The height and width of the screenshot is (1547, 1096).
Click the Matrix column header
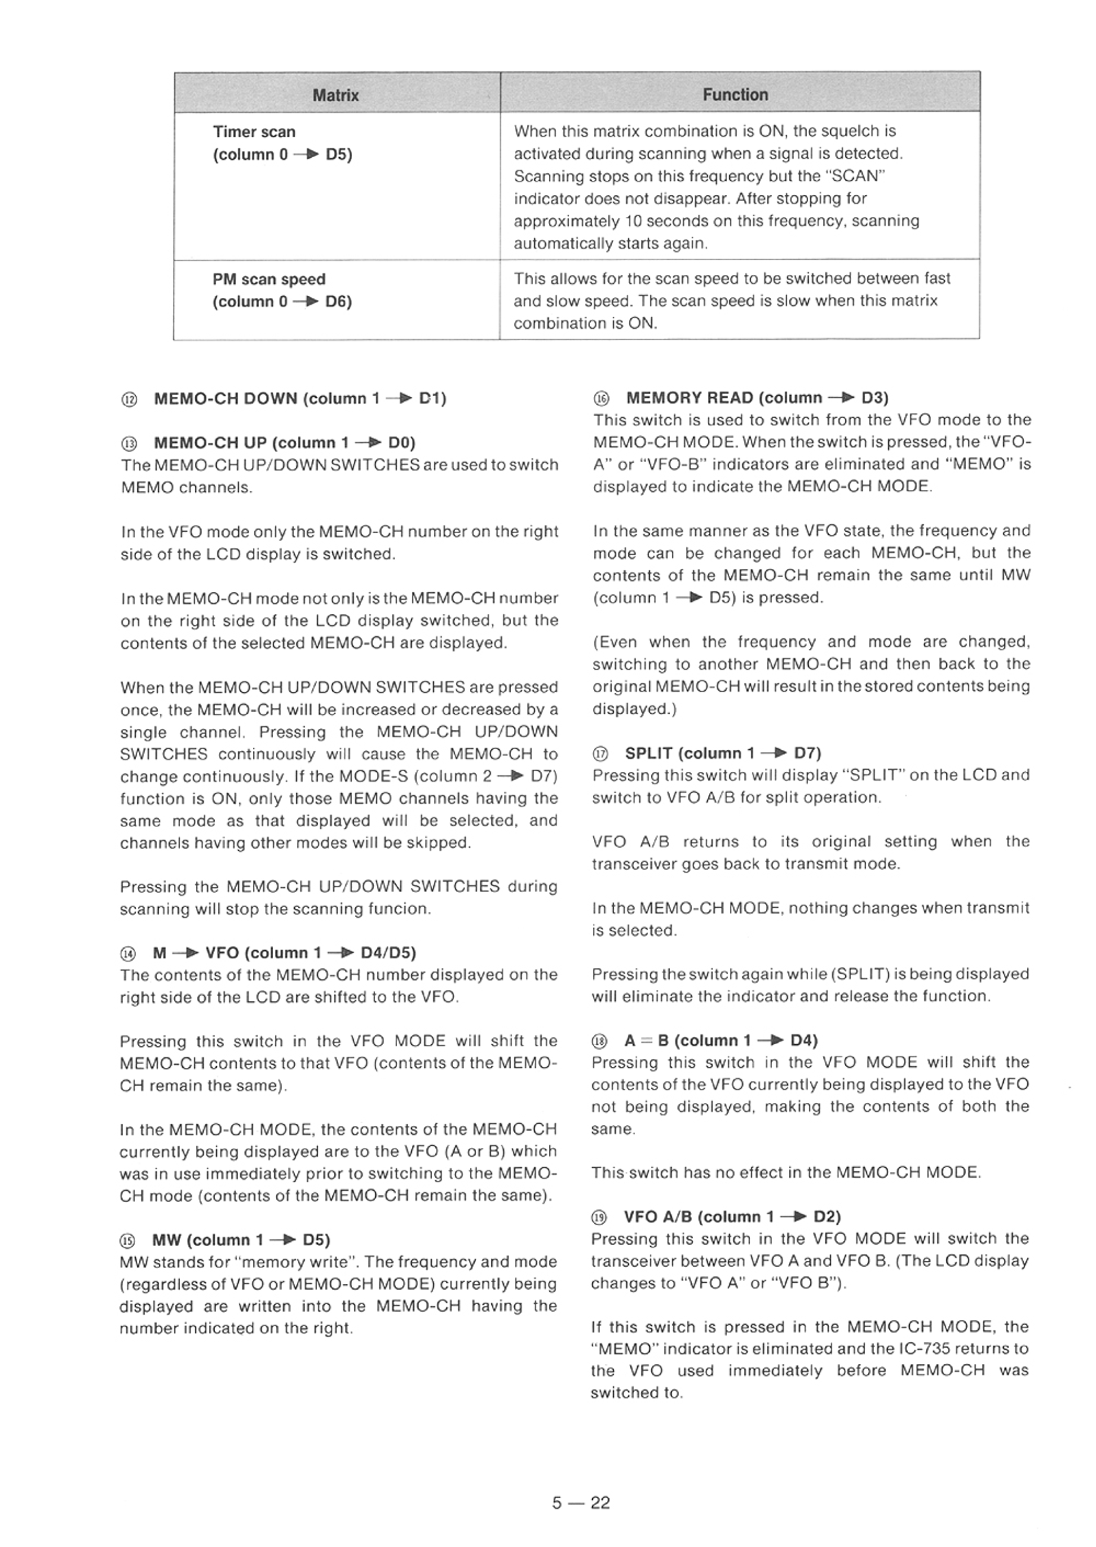(x=335, y=95)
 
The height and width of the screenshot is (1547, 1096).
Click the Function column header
(x=735, y=95)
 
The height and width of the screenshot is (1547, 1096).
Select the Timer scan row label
(x=254, y=131)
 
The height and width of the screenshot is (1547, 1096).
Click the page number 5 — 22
(x=580, y=1502)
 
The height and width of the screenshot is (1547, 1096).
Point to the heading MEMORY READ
(x=757, y=398)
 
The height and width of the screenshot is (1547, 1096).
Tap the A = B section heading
(x=721, y=1040)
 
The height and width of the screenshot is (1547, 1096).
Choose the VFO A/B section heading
(x=732, y=1217)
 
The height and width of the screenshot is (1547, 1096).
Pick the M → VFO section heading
(x=284, y=953)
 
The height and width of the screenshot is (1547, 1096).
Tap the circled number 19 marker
(x=599, y=1217)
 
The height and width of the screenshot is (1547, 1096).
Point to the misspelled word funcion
(x=399, y=909)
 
